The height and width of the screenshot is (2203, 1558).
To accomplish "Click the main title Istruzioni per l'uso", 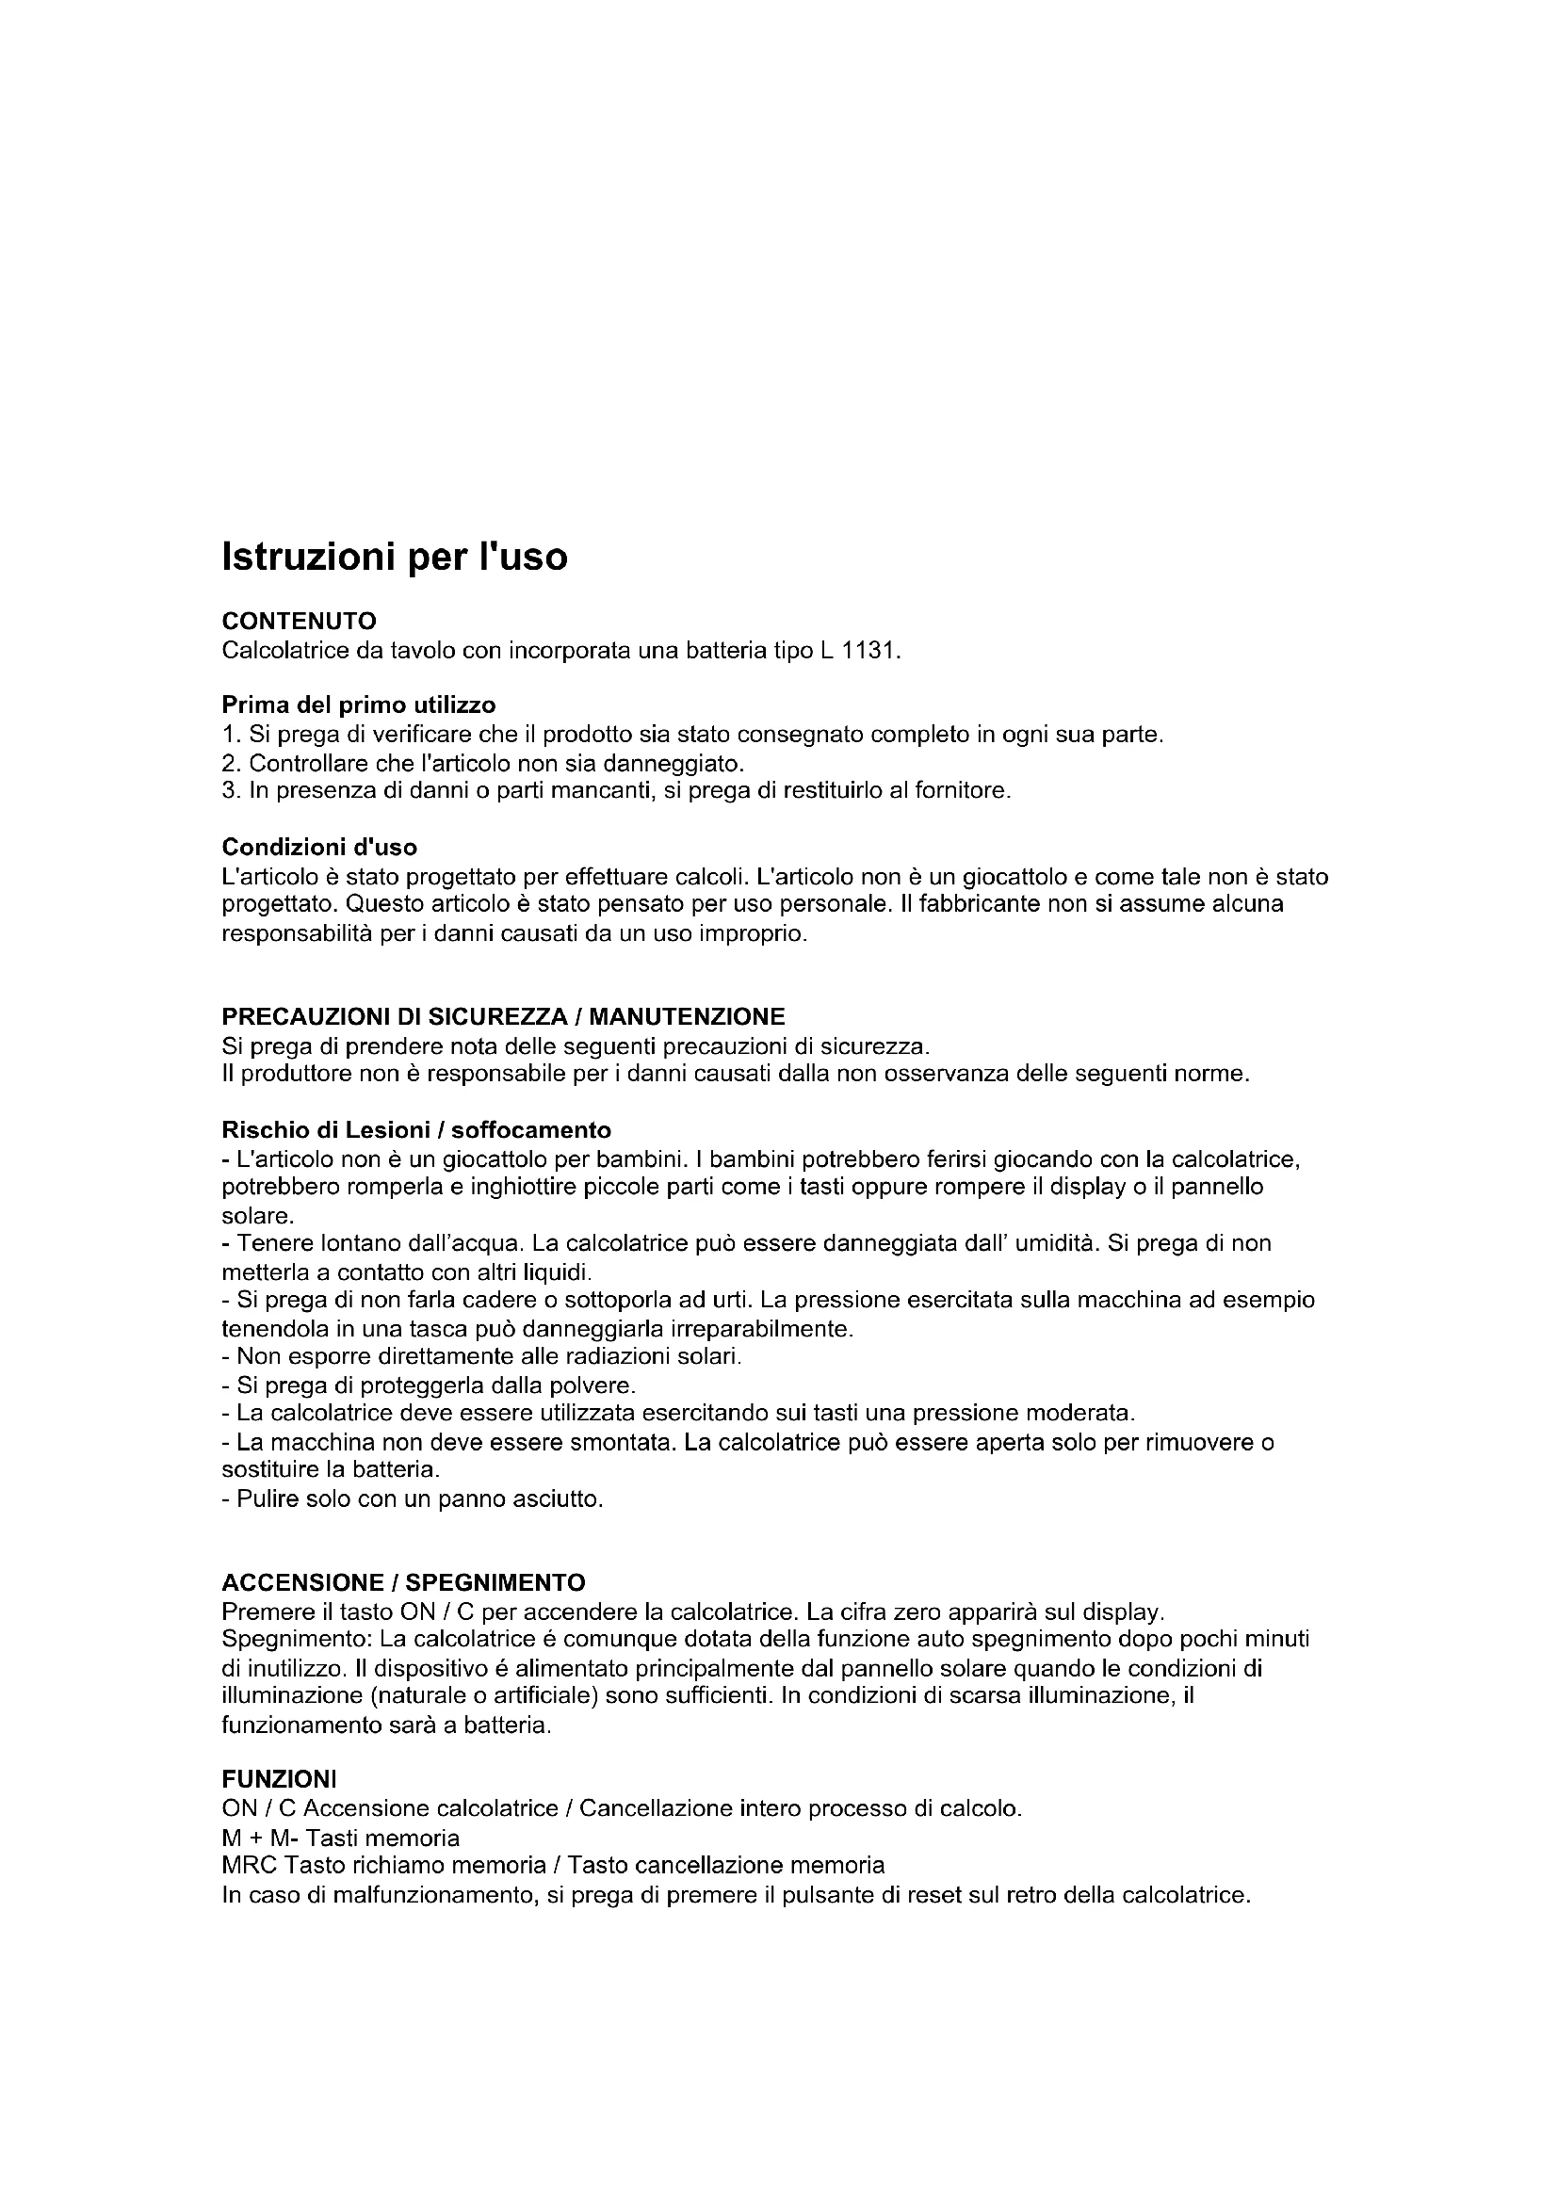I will [x=395, y=558].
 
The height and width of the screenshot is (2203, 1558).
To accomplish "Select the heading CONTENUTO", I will [x=299, y=622].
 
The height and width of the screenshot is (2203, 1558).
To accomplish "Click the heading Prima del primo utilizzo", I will [x=359, y=705].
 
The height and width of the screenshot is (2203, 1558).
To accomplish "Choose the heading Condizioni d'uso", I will [x=319, y=848].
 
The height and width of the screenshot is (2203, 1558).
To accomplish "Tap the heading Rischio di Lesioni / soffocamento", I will [x=416, y=1130].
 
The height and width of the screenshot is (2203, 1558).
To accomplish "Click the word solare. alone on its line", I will [x=257, y=1216].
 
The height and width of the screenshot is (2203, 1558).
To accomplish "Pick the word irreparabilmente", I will [x=762, y=1329].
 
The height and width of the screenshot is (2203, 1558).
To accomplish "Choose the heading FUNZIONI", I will [x=279, y=1780].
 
